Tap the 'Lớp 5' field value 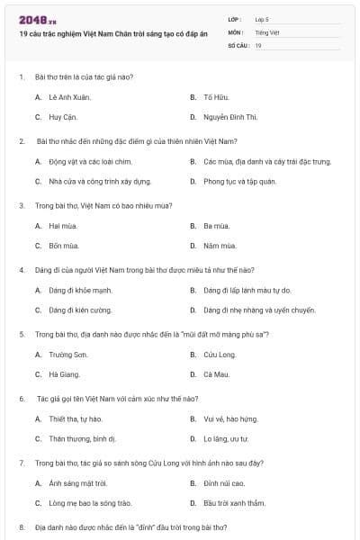click(261, 19)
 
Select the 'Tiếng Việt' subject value click(265, 31)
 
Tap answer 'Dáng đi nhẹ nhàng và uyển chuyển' click(259, 310)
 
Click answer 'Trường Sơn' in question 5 click(67, 355)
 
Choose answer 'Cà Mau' click(215, 374)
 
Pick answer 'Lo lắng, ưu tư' click(225, 439)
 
